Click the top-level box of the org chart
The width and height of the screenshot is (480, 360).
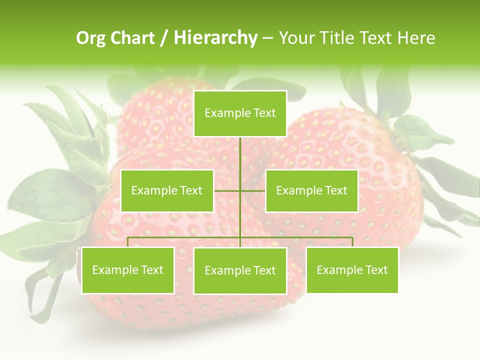[x=240, y=113]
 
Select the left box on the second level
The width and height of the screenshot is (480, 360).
[x=167, y=190]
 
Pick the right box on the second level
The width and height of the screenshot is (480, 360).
[x=311, y=190]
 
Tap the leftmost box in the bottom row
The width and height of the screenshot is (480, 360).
[x=127, y=270]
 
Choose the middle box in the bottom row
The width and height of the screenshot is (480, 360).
[x=240, y=270]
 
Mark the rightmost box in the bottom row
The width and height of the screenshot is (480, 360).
[x=352, y=270]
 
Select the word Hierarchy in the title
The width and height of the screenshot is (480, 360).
[x=215, y=38]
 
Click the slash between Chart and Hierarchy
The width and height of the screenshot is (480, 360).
[x=163, y=38]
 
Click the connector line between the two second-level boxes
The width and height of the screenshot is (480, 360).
[x=240, y=190]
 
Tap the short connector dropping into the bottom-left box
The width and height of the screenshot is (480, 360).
[x=127, y=242]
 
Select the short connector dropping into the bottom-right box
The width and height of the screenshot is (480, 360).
[x=352, y=242]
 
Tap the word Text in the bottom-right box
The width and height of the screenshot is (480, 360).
[x=376, y=270]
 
